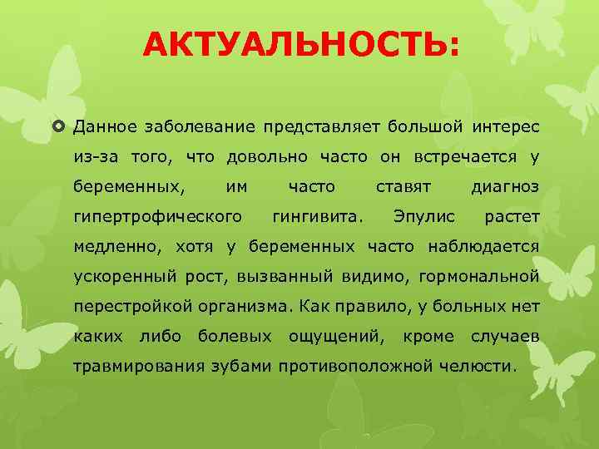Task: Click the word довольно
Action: point(265,158)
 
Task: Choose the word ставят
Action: point(403,187)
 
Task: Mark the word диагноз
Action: point(505,187)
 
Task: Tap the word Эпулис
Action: point(423,218)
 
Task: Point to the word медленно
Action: point(118,247)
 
